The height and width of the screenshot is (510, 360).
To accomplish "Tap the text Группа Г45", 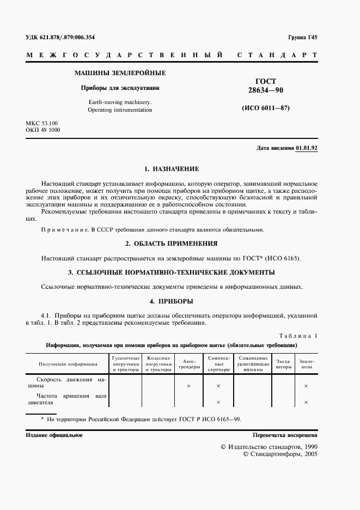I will pyautogui.click(x=302, y=37).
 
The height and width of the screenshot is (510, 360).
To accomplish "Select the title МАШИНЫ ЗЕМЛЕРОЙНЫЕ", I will pyautogui.click(x=120, y=73).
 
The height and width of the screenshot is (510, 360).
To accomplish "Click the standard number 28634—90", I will pyautogui.click(x=266, y=90).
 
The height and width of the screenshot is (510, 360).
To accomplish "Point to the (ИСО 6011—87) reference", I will pyautogui.click(x=266, y=108).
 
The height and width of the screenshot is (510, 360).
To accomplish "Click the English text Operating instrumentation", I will pyautogui.click(x=120, y=110).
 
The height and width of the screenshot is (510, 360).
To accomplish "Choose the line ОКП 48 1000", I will pyautogui.click(x=43, y=131).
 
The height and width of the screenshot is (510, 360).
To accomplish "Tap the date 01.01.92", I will pyautogui.click(x=307, y=148).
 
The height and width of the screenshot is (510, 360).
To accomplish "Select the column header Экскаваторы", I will pyautogui.click(x=283, y=364).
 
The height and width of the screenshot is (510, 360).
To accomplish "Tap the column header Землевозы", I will pyautogui.click(x=306, y=364).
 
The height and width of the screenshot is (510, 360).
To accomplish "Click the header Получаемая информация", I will pyautogui.click(x=68, y=364).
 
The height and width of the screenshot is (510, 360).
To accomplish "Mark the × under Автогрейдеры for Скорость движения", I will pyautogui.click(x=188, y=386).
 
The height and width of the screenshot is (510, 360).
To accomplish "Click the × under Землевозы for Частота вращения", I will pyautogui.click(x=306, y=402).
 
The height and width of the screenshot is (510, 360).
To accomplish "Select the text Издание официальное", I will pyautogui.click(x=54, y=435).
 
